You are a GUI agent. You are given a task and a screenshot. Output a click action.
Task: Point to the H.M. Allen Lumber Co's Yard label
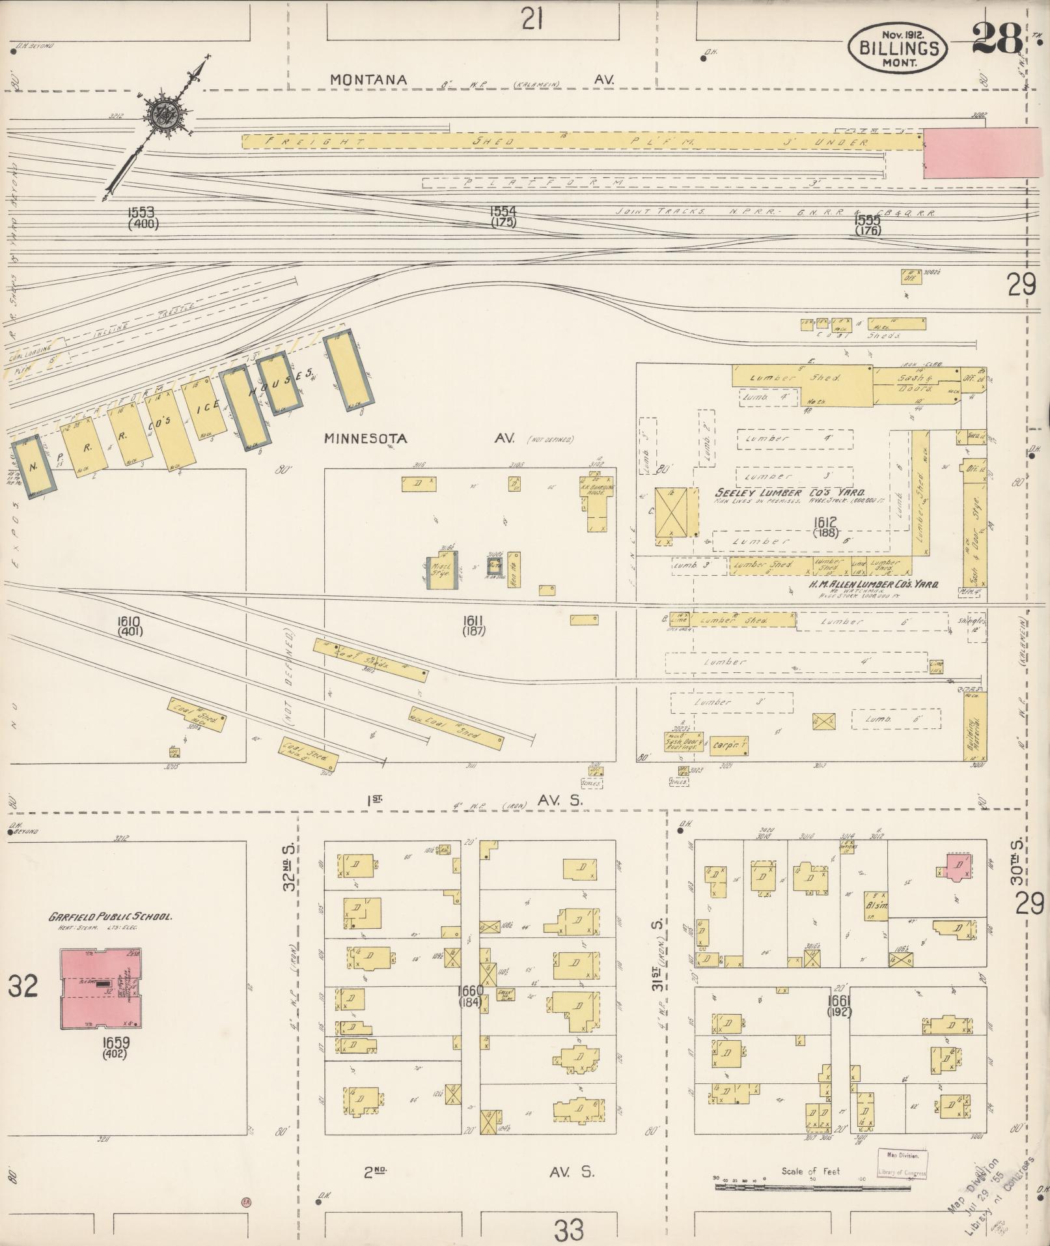tap(873, 585)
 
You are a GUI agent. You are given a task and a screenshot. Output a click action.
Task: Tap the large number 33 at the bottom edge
tap(569, 1229)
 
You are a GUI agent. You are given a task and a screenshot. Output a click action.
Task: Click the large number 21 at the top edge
tap(532, 21)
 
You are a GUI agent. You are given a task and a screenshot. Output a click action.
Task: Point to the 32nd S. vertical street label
tap(289, 867)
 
